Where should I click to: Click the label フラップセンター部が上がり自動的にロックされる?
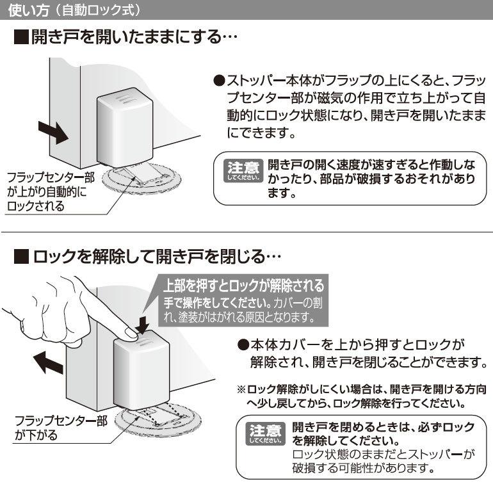[x=51, y=191]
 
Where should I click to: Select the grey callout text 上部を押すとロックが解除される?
[x=243, y=285]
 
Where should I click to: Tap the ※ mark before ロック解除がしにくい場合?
[x=241, y=389]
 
